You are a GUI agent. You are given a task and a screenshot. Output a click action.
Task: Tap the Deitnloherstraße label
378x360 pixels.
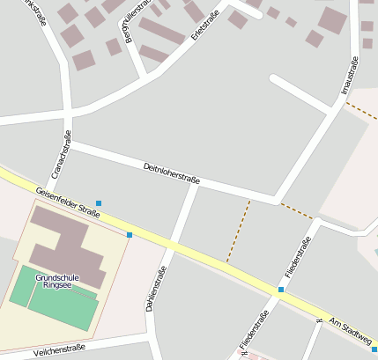coord(171,173)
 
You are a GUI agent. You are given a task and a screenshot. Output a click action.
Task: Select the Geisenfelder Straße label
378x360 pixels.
coord(68,202)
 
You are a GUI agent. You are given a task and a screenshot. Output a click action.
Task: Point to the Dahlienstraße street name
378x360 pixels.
coord(159,291)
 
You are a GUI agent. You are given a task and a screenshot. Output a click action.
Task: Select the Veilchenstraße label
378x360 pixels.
coord(59,350)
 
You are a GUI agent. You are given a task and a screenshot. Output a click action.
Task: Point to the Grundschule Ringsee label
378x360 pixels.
coord(57,281)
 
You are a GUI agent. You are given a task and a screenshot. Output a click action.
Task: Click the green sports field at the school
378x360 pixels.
coord(53,302)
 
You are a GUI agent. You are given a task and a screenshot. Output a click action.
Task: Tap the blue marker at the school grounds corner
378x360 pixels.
coord(130,235)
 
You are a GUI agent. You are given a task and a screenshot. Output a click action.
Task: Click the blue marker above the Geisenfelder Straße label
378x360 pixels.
coord(99,203)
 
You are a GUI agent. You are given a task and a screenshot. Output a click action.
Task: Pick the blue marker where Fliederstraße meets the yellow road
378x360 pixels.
coord(281,289)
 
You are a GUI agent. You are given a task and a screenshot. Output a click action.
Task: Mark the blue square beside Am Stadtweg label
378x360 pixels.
coord(374,349)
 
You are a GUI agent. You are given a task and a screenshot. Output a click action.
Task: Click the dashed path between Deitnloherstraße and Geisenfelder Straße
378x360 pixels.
coord(238,231)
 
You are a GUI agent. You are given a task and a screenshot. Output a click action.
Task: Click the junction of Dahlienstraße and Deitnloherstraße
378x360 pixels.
coord(194,183)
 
